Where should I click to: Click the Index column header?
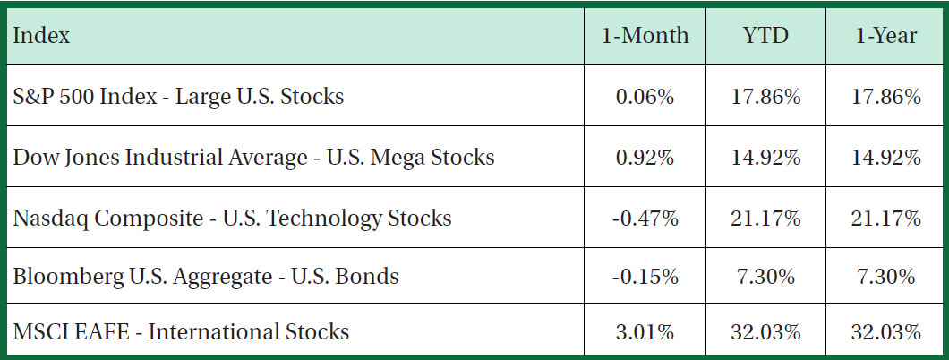42,36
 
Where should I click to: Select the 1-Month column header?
645,36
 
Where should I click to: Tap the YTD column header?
765,36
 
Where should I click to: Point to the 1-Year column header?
885,36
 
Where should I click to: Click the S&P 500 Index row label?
178,96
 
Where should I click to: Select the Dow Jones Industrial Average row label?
253,157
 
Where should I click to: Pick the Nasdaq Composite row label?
232,218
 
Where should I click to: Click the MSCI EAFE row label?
181,332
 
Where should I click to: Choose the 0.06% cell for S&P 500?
645,96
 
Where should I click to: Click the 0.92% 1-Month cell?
645,157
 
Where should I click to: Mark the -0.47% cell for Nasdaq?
645,218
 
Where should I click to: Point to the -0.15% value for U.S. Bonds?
645,276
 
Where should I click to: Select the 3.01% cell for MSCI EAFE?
645,332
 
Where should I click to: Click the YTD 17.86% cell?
765,96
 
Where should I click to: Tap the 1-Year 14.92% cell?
885,157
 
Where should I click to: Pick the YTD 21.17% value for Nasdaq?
765,218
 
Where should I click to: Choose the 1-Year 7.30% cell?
885,276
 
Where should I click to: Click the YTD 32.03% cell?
765,332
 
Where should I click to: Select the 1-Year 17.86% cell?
885,96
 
